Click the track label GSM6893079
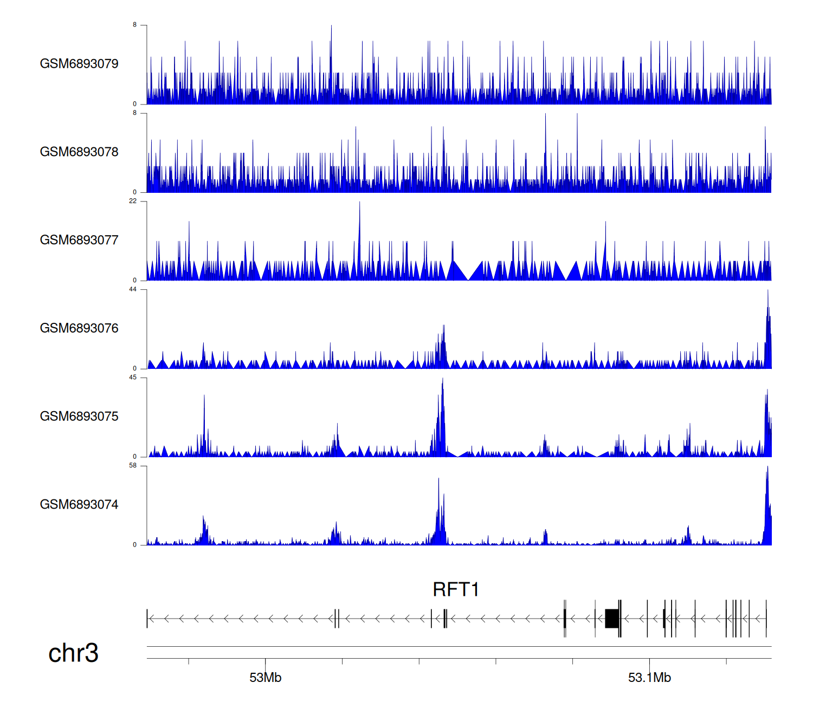coord(79,64)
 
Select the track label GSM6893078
coord(79,152)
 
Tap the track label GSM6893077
coord(79,240)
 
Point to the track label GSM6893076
coord(79,328)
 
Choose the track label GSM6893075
coord(79,417)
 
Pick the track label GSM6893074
coord(79,505)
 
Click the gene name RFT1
coord(455,589)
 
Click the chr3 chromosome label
coord(73,653)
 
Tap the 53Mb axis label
coord(265,678)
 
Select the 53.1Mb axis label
coord(649,678)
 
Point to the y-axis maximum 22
coord(133,201)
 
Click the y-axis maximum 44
coord(133,289)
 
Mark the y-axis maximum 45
coord(133,378)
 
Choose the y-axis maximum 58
coord(133,466)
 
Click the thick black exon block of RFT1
coord(612,619)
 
